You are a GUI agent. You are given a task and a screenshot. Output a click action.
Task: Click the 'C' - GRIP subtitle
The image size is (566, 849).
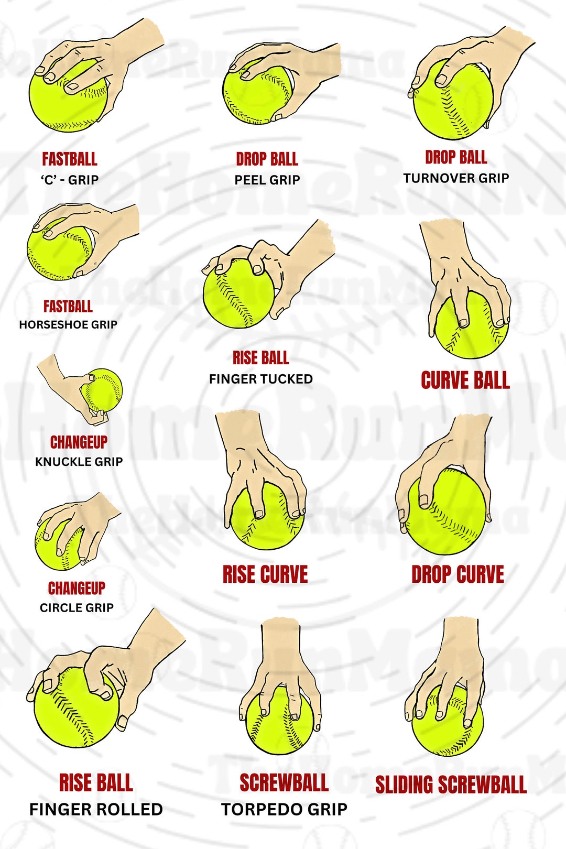pos(70,180)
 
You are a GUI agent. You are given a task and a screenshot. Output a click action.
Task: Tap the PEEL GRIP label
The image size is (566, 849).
pos(267,180)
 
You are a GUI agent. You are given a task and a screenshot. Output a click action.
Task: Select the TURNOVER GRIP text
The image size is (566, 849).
pos(456,178)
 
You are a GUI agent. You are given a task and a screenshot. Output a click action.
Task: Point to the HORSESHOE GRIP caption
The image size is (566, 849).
pos(68,324)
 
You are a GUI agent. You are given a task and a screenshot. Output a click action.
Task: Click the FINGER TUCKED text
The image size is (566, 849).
pos(261,379)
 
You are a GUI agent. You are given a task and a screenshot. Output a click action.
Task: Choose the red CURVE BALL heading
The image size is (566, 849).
pos(465,380)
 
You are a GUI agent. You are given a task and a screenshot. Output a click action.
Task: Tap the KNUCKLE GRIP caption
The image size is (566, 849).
pos(79,462)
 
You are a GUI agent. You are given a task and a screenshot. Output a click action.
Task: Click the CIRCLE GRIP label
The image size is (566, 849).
pos(77,607)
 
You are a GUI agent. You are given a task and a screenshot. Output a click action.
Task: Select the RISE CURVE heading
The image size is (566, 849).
pos(265,574)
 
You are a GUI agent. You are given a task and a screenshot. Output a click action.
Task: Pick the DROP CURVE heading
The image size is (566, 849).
pos(458,574)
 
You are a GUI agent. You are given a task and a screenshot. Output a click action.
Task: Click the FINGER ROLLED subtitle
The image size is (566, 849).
pos(96,809)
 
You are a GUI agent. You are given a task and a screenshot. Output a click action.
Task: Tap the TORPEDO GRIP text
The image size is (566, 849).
pos(284,809)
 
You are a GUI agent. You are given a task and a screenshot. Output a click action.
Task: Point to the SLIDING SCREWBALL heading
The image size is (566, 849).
pos(451,785)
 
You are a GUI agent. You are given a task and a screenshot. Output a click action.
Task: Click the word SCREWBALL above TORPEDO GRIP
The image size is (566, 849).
pos(284,783)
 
